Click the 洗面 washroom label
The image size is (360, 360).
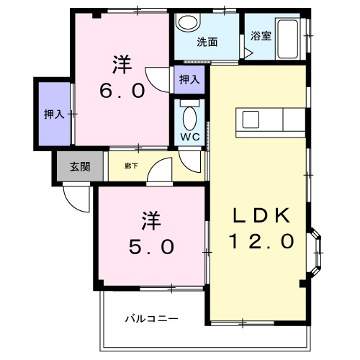click(x=207, y=42)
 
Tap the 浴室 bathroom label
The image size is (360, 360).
click(x=261, y=36)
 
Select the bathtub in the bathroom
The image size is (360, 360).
click(x=287, y=39)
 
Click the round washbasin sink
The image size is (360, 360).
click(x=188, y=22)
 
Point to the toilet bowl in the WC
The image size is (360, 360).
click(x=189, y=119)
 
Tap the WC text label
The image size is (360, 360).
click(x=190, y=137)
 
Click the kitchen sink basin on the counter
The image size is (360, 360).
click(x=251, y=120)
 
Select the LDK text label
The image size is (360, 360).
click(x=261, y=215)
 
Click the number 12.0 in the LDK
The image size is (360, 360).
click(x=261, y=241)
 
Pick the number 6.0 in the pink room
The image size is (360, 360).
click(x=122, y=91)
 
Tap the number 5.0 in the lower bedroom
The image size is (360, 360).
click(x=151, y=247)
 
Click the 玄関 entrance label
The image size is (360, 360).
click(x=80, y=166)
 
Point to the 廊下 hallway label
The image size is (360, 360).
click(x=131, y=166)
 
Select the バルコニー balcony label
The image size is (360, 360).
click(x=152, y=319)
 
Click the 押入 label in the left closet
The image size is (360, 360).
click(x=54, y=114)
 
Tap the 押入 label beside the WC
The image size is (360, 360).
click(x=189, y=79)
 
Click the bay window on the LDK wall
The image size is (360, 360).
click(x=315, y=253)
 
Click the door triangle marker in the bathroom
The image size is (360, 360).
click(x=248, y=53)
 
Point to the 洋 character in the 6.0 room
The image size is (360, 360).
click(x=122, y=65)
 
